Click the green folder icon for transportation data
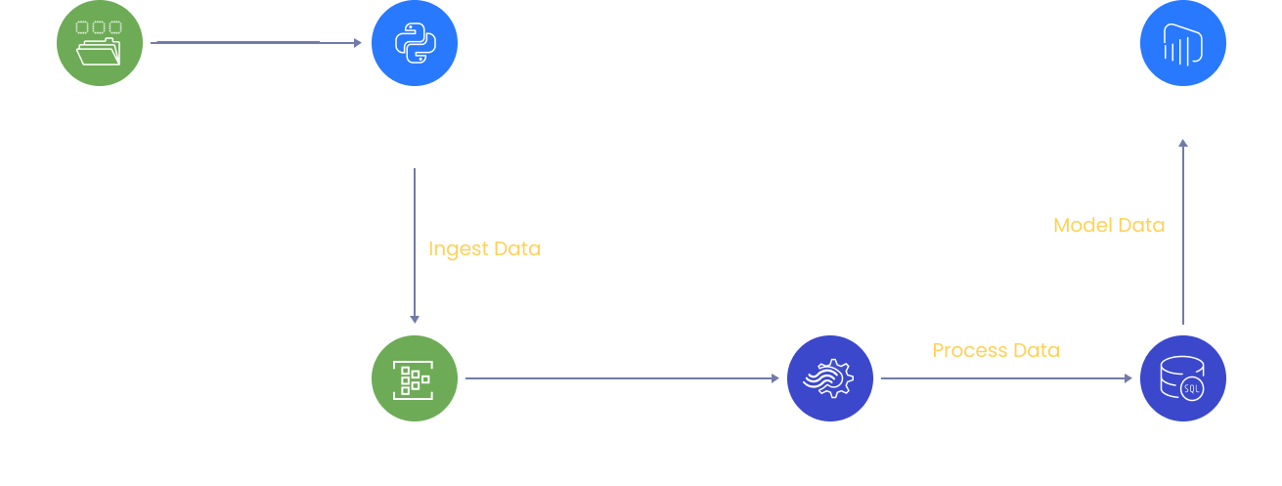tap(101, 42)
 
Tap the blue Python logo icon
tap(414, 42)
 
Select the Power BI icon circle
tap(1183, 42)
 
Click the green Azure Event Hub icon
tap(415, 378)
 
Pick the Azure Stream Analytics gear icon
tap(830, 378)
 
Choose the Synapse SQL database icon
tap(1183, 378)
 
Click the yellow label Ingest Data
tap(484, 248)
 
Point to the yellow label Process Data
tap(995, 350)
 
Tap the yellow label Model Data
tap(1109, 225)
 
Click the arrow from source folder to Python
tap(256, 42)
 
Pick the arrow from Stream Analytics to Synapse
tap(1007, 378)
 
